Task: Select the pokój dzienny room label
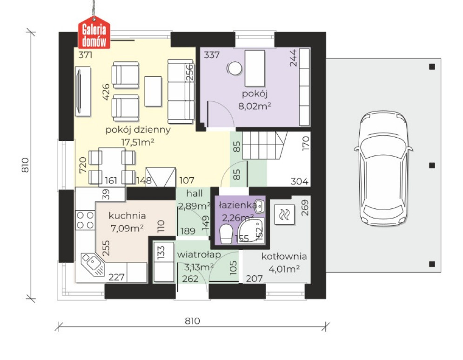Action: click(138, 130)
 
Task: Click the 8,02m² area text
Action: click(255, 106)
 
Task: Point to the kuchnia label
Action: click(127, 215)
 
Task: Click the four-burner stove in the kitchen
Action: click(85, 220)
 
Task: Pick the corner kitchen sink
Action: click(93, 264)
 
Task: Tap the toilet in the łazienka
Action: click(227, 234)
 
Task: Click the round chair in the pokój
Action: click(235, 68)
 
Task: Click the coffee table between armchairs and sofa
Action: click(153, 91)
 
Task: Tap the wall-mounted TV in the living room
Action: click(82, 92)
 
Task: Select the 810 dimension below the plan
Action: click(193, 321)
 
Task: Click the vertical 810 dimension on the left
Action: click(25, 165)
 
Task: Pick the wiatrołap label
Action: click(199, 255)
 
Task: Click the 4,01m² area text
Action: click(284, 269)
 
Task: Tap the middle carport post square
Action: click(432, 165)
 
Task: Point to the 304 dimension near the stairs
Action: click(299, 181)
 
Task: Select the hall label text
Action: click(195, 193)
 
